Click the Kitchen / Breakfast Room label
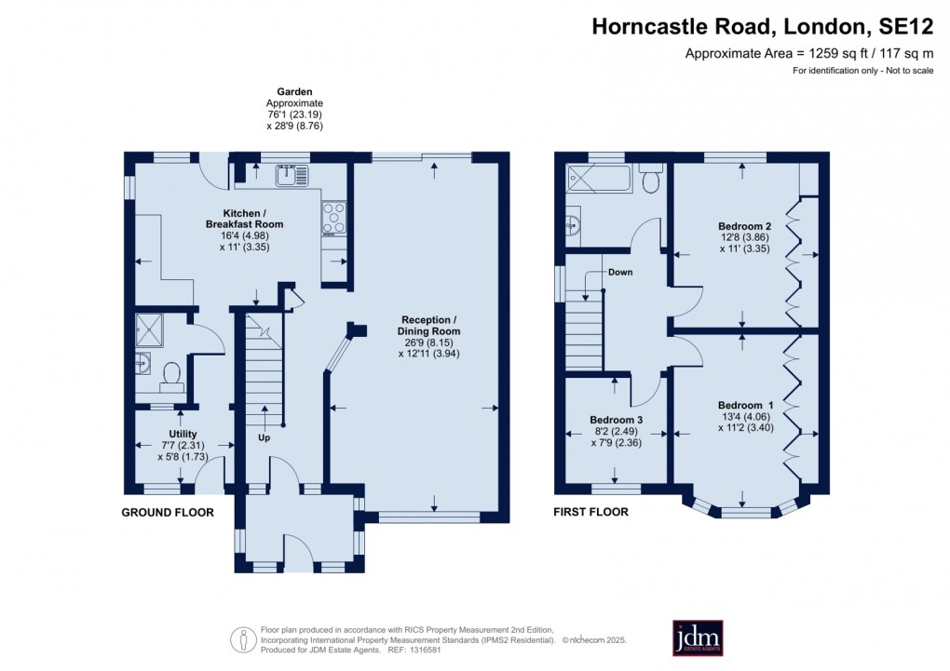244,219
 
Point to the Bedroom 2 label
745,226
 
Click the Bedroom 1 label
745,405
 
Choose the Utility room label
183,434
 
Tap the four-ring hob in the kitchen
334,218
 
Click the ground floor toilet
170,373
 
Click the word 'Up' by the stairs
264,436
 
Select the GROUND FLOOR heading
169,513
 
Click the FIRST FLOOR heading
590,512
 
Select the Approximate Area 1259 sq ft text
808,53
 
